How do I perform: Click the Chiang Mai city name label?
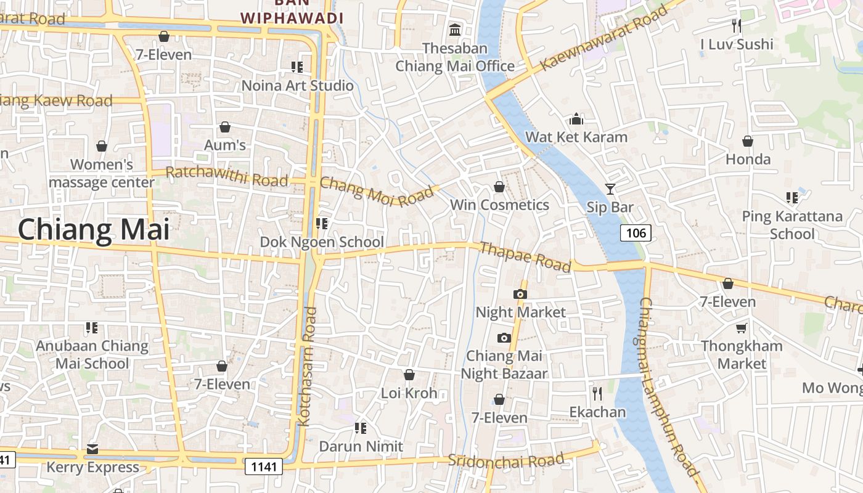[x=93, y=229]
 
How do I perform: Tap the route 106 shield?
[x=636, y=233]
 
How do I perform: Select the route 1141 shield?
[x=264, y=467]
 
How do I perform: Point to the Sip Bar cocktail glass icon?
[x=610, y=189]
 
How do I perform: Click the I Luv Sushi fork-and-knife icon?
[x=736, y=25]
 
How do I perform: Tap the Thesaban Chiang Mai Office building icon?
[x=455, y=29]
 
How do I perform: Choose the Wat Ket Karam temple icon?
[x=576, y=118]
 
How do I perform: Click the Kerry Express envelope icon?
[x=92, y=449]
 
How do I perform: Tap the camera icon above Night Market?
[x=520, y=294]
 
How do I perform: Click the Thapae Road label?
[x=525, y=256]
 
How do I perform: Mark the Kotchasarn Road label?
[x=307, y=367]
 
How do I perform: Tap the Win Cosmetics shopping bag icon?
[x=499, y=187]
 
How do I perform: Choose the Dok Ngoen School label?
[x=322, y=242]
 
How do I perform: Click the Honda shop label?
[x=748, y=159]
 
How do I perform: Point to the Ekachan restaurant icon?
[x=597, y=393]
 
